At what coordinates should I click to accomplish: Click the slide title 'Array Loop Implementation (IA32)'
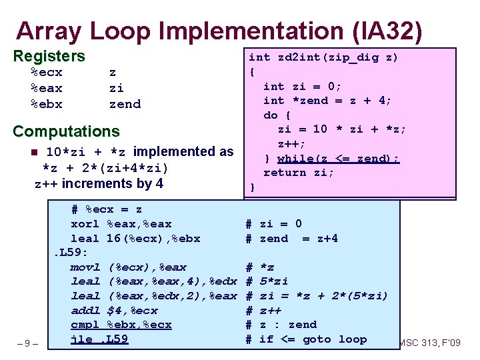click(219, 31)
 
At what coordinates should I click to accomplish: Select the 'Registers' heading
click(49, 57)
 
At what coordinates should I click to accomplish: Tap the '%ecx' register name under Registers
click(47, 72)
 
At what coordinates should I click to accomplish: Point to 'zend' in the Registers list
click(125, 104)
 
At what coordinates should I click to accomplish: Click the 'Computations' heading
click(66, 132)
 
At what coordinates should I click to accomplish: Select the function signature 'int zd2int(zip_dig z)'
click(323, 57)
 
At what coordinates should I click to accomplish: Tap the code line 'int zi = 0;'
click(302, 86)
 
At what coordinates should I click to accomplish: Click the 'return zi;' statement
click(299, 173)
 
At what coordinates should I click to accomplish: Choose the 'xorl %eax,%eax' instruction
click(121, 224)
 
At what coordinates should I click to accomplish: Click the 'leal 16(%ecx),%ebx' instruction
click(135, 239)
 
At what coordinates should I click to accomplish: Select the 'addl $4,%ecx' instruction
click(114, 311)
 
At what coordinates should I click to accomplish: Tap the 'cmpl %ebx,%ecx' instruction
click(121, 325)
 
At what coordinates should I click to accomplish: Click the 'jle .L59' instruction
click(99, 339)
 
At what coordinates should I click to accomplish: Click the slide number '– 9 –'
click(27, 344)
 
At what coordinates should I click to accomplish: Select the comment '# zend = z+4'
click(291, 239)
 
